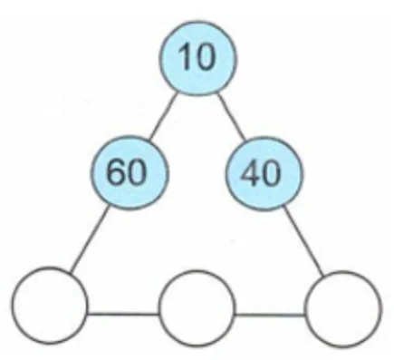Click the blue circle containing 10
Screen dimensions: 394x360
click(x=198, y=58)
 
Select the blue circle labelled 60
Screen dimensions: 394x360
click(x=129, y=172)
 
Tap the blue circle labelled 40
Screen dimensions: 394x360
click(x=264, y=174)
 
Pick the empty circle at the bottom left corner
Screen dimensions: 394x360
click(x=50, y=306)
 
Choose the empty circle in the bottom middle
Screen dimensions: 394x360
click(x=197, y=308)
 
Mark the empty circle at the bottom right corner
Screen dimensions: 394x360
click(x=343, y=309)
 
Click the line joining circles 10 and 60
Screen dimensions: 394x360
click(x=163, y=116)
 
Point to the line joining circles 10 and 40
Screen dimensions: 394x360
click(x=232, y=117)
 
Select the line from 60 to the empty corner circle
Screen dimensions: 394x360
click(x=89, y=239)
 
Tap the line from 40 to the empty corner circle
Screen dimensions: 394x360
click(x=304, y=241)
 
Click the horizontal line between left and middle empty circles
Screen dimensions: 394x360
click(x=123, y=315)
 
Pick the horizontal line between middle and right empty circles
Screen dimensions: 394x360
click(x=270, y=316)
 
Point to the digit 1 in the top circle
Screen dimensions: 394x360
click(x=185, y=56)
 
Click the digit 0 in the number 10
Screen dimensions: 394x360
click(x=206, y=57)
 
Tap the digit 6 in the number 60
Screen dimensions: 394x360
click(x=116, y=171)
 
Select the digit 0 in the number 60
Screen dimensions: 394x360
click(x=137, y=171)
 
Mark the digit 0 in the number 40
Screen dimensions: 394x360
click(x=271, y=173)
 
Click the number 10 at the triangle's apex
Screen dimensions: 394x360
click(x=197, y=57)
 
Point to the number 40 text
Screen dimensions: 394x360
click(x=260, y=173)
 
